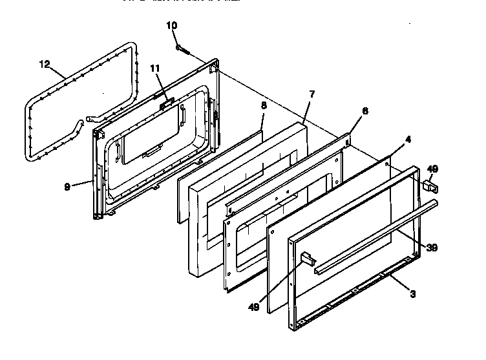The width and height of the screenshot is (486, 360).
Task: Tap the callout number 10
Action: coord(171,26)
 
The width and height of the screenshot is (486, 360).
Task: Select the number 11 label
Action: coord(155,69)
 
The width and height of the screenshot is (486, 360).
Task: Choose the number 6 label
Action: coord(365,111)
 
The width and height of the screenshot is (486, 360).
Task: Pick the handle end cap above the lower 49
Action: coord(307,259)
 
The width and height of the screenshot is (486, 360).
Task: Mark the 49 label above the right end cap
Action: coord(432,169)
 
